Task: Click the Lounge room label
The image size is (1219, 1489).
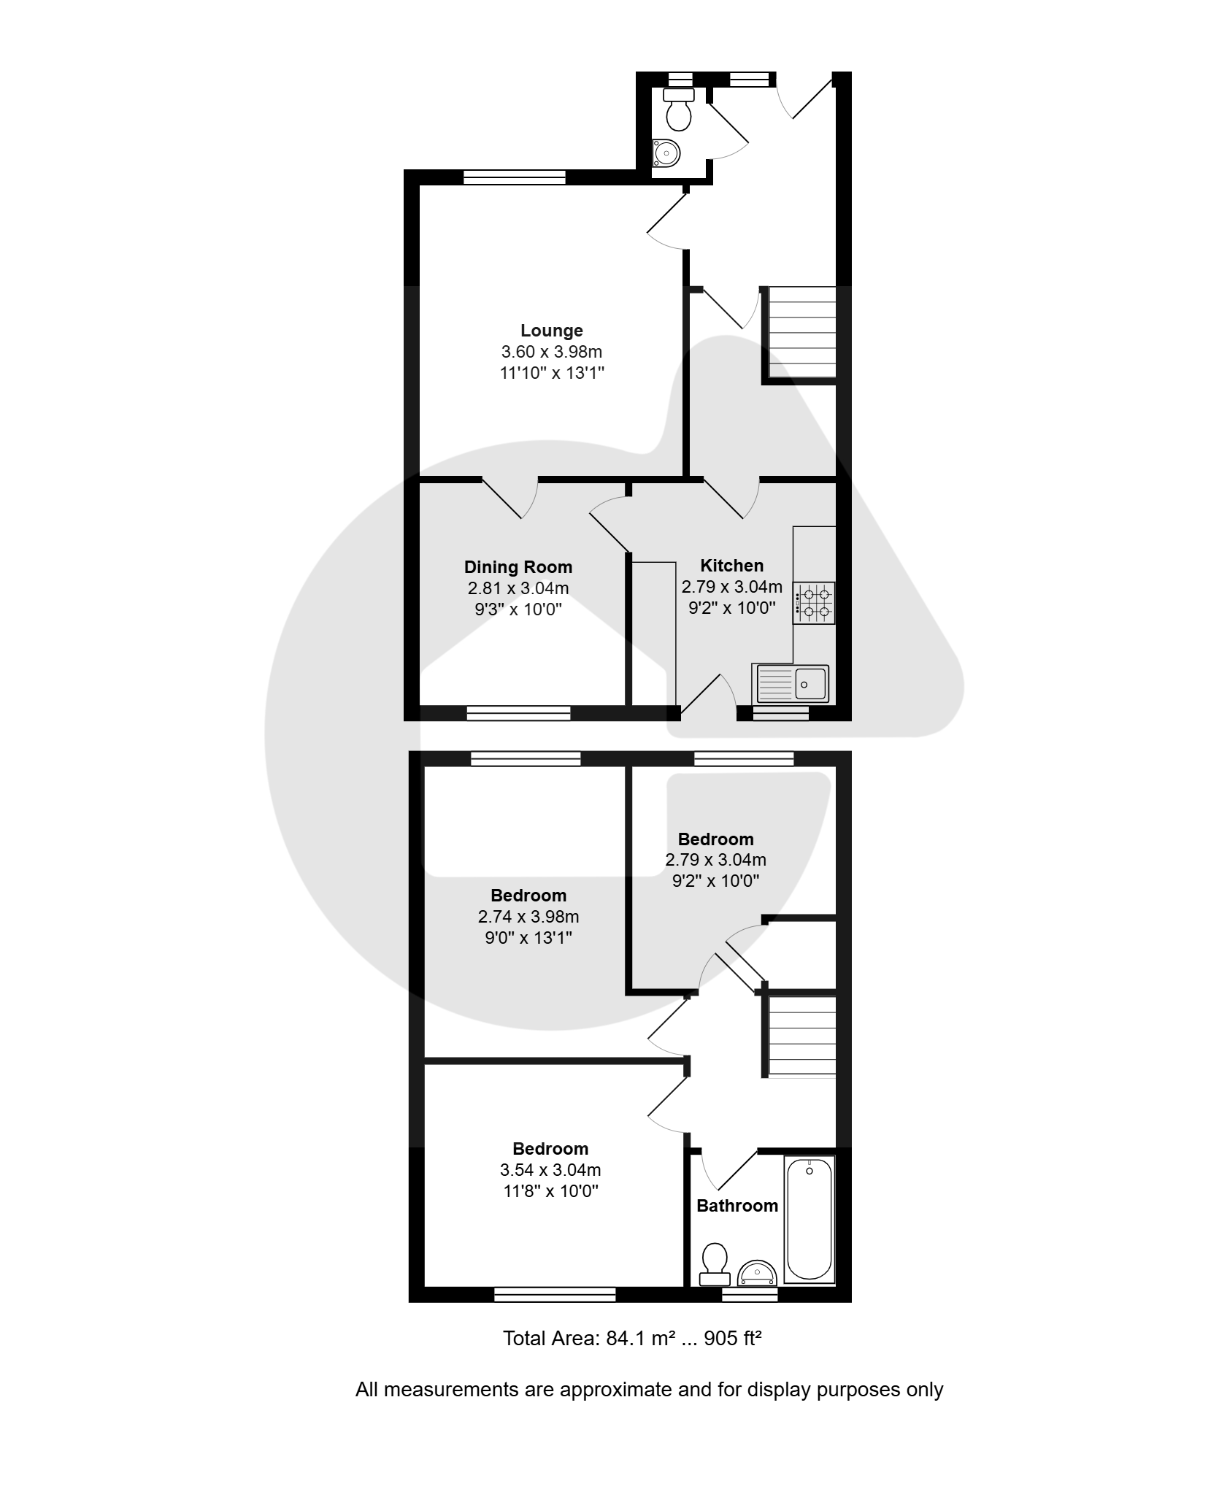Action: point(551,331)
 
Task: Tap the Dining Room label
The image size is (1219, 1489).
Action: point(518,567)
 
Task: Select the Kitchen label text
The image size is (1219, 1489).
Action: point(731,566)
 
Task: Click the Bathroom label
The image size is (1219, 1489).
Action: point(737,1206)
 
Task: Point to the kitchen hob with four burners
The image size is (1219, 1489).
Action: point(814,603)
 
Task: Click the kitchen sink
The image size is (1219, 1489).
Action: point(791,684)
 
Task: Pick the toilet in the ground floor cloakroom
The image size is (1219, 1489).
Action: point(679,109)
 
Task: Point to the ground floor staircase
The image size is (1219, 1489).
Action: point(800,333)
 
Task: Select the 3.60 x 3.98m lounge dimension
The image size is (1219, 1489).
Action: point(552,352)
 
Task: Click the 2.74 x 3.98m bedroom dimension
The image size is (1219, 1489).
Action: point(528,917)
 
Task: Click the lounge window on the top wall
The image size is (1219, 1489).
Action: point(515,177)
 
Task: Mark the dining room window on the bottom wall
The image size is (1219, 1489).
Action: point(519,713)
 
